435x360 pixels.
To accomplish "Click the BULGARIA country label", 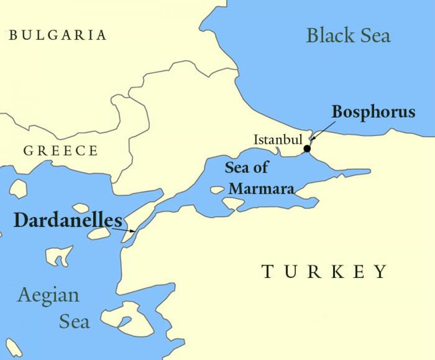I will [58, 35].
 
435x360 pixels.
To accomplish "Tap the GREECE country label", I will [61, 151].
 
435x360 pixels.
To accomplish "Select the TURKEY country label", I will [324, 271].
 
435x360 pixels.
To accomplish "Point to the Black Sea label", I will [348, 36].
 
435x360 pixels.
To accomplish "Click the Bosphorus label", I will [373, 112].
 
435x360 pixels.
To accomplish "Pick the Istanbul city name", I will [278, 140].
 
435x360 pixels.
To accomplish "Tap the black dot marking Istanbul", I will [307, 148].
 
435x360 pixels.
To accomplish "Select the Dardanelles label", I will [68, 221].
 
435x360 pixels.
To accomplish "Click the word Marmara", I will [261, 188].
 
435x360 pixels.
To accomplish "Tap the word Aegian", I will [48, 295].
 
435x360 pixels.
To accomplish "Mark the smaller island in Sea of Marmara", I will [217, 190].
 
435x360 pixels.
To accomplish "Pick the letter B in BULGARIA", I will [13, 35].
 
